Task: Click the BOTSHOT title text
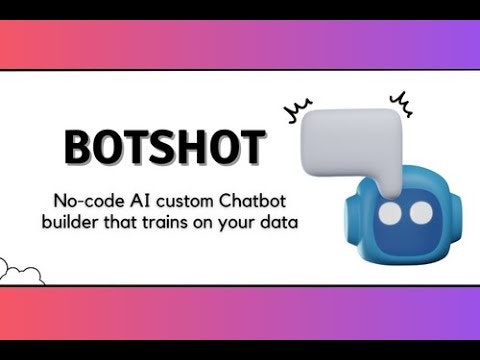pyautogui.click(x=165, y=147)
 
